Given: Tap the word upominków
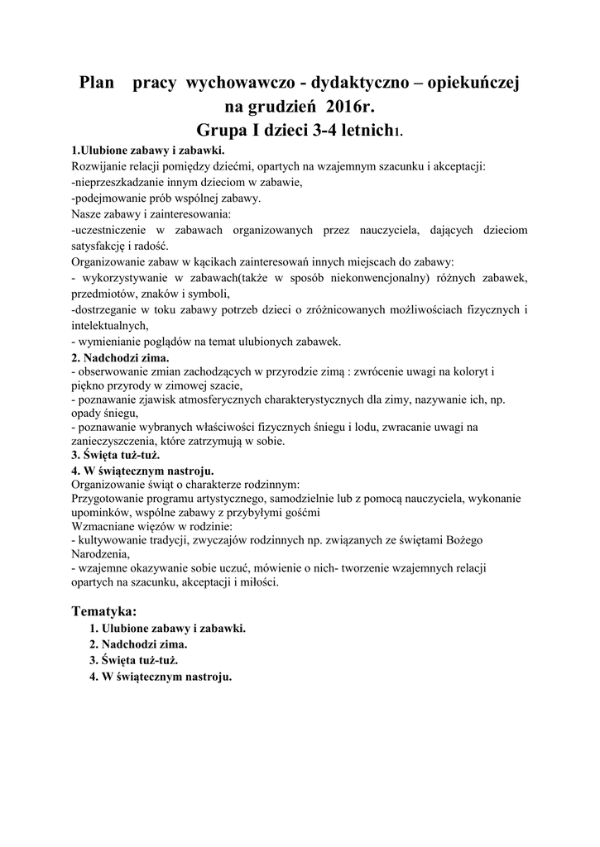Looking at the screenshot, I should click(x=102, y=512).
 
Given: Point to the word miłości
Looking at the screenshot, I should click(x=260, y=581).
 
